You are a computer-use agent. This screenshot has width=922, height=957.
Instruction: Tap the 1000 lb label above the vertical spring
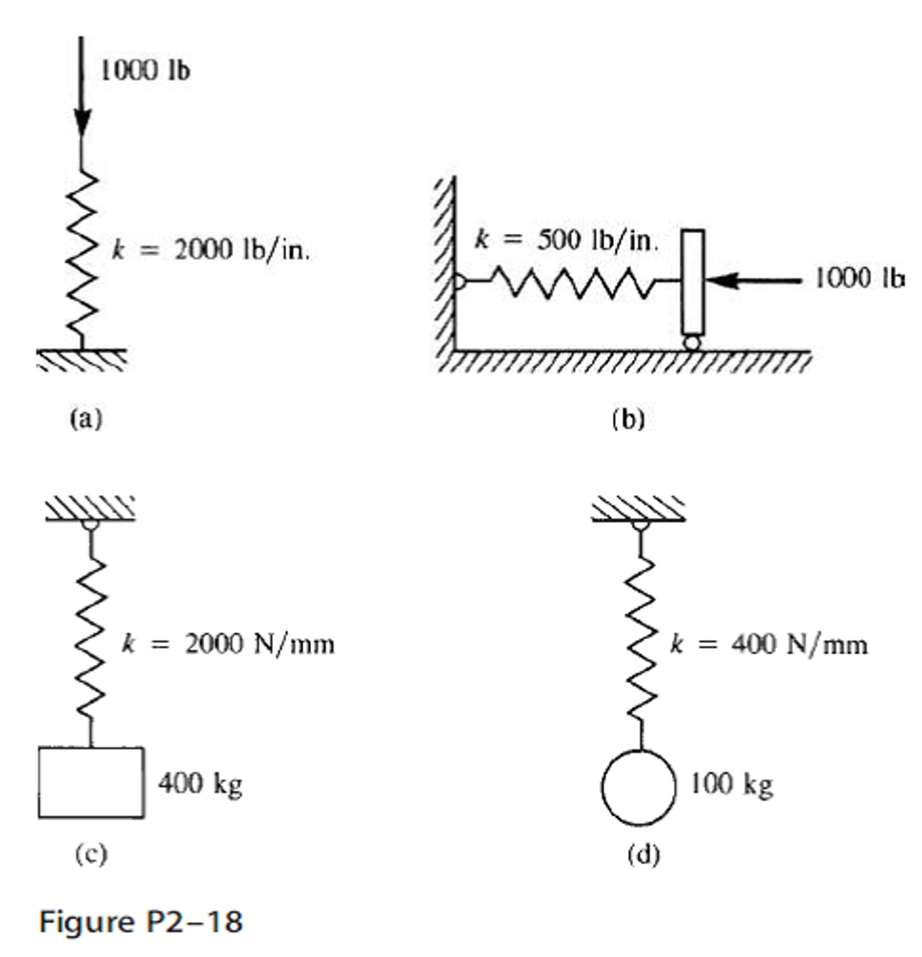tap(145, 70)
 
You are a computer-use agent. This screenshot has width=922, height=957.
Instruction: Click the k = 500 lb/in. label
tap(566, 240)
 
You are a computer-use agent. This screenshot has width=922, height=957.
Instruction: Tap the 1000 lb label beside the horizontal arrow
tap(859, 279)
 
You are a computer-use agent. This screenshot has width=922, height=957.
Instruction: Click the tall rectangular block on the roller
tap(692, 282)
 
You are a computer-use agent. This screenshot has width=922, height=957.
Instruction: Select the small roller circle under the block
tap(692, 343)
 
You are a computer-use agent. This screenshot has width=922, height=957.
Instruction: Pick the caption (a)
tap(86, 419)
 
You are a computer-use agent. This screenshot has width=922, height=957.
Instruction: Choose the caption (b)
tap(629, 419)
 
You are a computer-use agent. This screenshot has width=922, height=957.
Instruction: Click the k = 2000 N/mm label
tap(228, 645)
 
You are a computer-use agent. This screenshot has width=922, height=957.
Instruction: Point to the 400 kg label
tap(200, 784)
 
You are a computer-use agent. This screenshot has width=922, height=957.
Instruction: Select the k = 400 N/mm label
tap(769, 645)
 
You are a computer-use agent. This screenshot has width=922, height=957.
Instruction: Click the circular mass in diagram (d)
tap(638, 788)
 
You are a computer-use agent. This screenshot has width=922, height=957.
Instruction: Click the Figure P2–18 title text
tap(141, 922)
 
